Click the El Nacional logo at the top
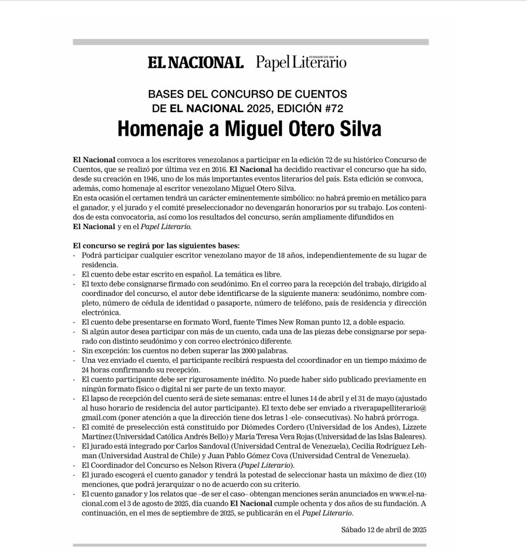[196, 63]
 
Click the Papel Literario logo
[301, 63]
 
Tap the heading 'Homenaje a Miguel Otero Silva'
[249, 129]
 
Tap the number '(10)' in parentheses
[419, 475]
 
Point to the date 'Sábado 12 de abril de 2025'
[384, 530]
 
